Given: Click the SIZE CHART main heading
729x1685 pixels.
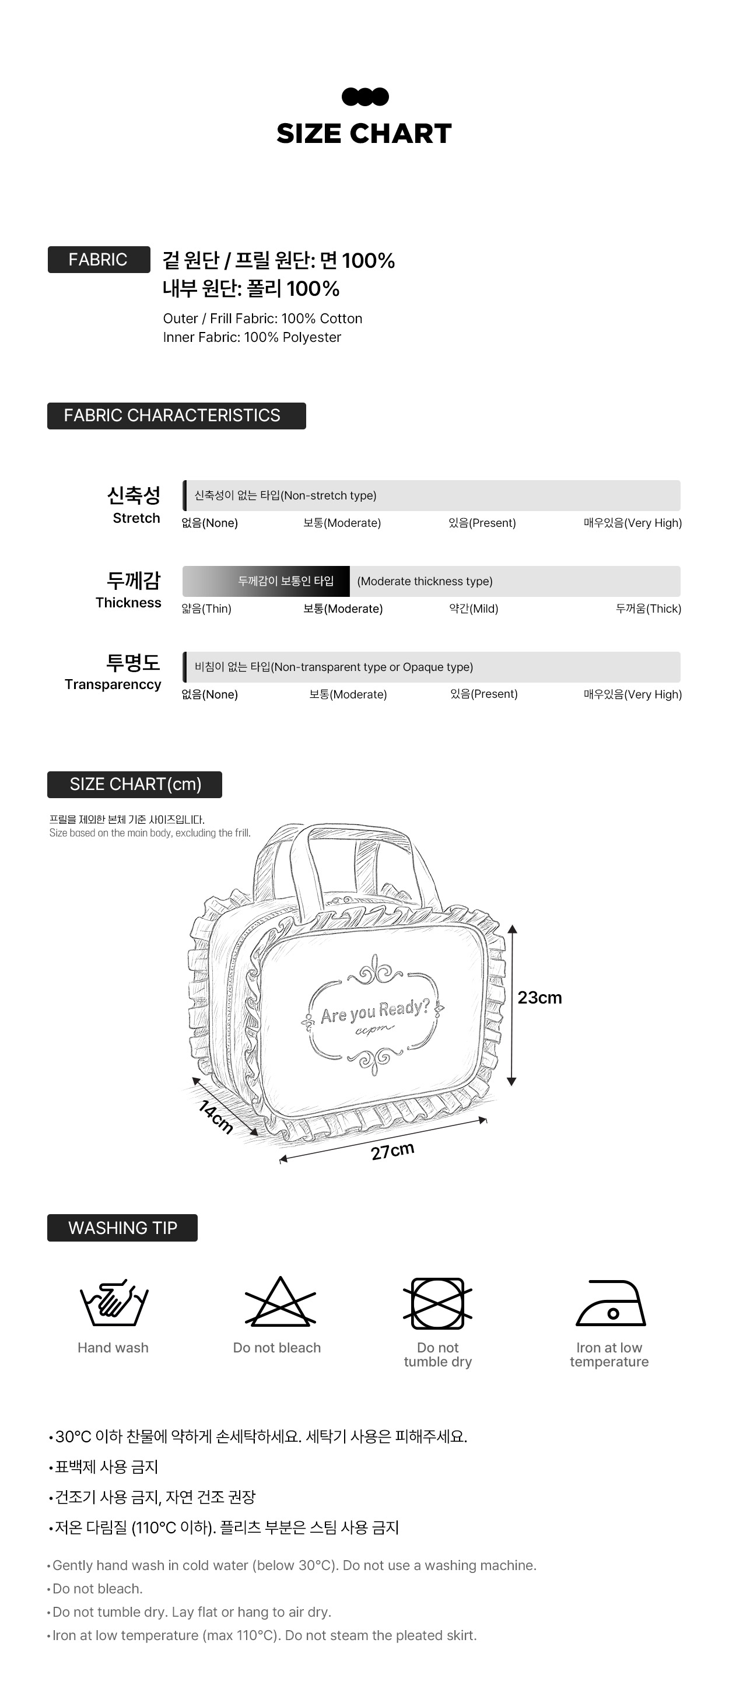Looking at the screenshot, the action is tap(363, 134).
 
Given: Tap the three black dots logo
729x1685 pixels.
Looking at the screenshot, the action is tap(365, 97).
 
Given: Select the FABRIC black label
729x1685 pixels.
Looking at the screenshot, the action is tap(98, 260).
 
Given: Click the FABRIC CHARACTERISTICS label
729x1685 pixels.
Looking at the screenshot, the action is tap(176, 416).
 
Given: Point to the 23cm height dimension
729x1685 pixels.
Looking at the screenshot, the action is tap(539, 998).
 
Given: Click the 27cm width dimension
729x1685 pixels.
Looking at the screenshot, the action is tap(392, 1151).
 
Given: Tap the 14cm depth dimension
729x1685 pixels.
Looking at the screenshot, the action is tap(216, 1117).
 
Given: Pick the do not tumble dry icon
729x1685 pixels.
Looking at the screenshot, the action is tap(437, 1303).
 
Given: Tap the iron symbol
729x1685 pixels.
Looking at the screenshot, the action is tap(610, 1303).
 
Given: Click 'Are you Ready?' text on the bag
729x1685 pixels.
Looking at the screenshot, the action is tap(374, 1011).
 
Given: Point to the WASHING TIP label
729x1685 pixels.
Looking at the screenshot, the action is tap(122, 1228).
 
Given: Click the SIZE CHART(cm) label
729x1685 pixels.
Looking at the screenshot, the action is tap(135, 784).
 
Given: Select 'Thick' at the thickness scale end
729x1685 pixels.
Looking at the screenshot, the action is tap(648, 609).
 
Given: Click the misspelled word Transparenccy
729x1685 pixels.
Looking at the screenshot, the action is tap(113, 684).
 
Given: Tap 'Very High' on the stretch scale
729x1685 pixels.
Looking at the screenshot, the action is tap(632, 523).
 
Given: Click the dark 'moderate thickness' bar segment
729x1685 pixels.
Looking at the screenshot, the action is tap(286, 582).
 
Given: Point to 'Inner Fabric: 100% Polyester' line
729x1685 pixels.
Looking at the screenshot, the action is tap(252, 337).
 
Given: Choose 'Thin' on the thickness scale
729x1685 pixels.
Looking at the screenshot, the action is tap(206, 609).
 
